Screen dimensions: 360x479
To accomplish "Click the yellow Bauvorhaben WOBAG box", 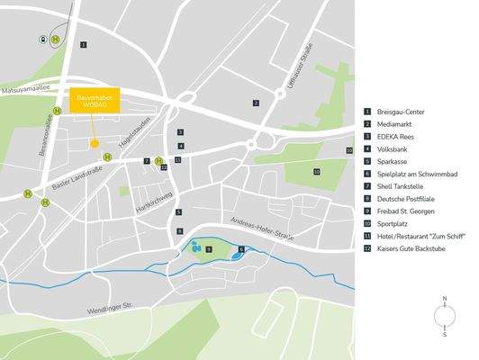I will (x=93, y=101).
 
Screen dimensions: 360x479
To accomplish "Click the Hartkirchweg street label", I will (x=150, y=199).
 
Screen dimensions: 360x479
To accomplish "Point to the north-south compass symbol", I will (x=444, y=316).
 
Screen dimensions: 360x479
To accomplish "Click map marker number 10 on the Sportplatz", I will (x=316, y=171).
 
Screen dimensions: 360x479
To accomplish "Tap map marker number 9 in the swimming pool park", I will (x=209, y=248).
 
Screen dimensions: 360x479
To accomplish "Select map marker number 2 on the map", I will (x=256, y=103).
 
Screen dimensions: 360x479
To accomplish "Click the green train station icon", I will (x=41, y=40).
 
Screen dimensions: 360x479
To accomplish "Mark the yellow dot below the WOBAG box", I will (x=93, y=142).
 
